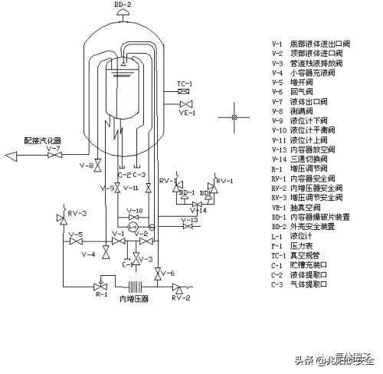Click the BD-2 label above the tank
pyautogui.click(x=123, y=5)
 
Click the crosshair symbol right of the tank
pyautogui.click(x=231, y=118)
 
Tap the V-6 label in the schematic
pyautogui.click(x=168, y=273)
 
